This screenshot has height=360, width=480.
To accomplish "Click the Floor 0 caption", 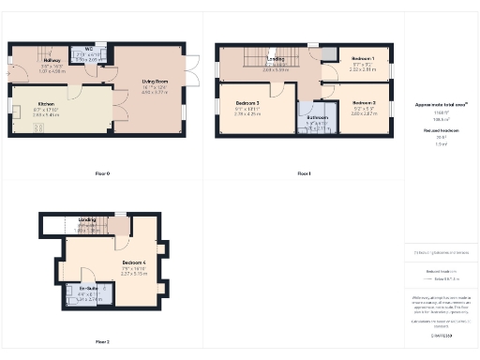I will pyautogui.click(x=102, y=173).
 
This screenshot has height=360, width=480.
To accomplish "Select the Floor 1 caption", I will pyautogui.click(x=304, y=173).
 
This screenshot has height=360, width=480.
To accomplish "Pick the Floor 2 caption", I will pyautogui.click(x=102, y=341).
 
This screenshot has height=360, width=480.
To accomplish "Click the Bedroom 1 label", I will pyautogui.click(x=363, y=58).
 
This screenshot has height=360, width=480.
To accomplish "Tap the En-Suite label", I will pyautogui.click(x=88, y=289).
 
